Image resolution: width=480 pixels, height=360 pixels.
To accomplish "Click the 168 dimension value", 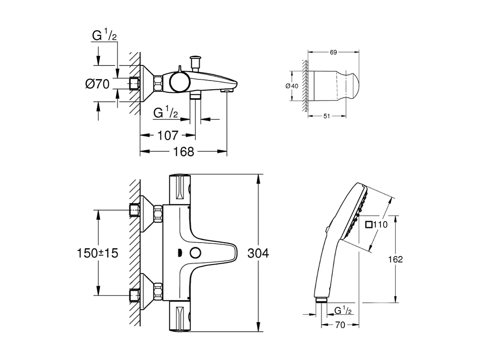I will (x=184, y=152).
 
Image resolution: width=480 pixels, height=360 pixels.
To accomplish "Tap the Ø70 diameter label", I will (x=97, y=83).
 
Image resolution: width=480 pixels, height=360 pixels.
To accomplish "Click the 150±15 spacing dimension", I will (x=97, y=253).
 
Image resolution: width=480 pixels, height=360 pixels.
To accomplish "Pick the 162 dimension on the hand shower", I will (x=396, y=259).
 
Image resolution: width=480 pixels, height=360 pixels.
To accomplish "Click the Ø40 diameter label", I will (x=292, y=86).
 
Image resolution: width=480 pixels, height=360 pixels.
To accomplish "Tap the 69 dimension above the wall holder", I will (x=333, y=52).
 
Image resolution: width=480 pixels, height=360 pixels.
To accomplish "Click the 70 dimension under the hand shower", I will (x=340, y=325).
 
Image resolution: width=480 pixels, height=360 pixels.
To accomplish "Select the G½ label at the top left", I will (x=104, y=36).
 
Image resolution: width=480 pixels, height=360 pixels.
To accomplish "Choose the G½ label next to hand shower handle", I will (x=343, y=310).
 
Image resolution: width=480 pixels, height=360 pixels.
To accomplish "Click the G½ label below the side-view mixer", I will (x=166, y=113).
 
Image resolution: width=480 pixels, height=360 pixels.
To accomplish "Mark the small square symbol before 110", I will (x=369, y=225).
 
